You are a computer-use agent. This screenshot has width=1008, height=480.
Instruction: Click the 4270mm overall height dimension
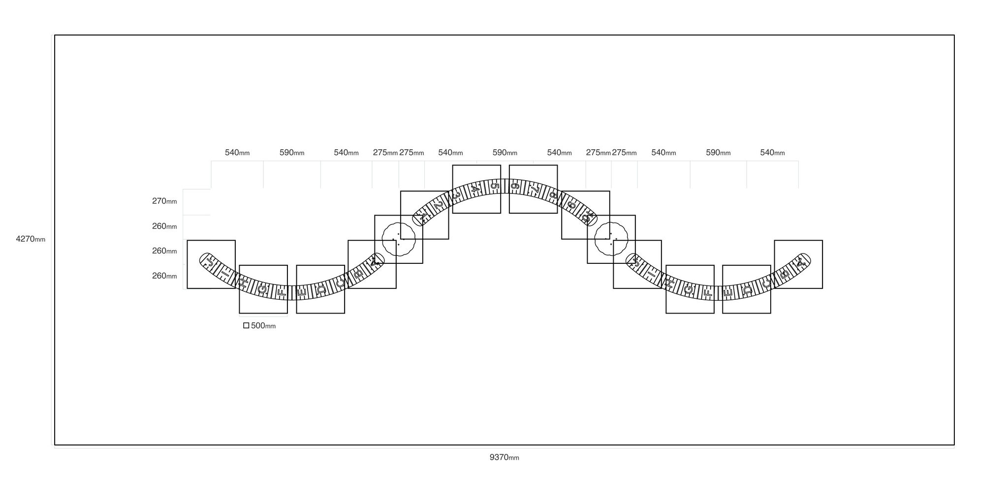pos(31,239)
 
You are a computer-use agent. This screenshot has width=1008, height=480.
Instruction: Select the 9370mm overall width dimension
pos(504,457)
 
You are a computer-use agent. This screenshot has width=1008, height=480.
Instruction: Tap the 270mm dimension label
pos(164,201)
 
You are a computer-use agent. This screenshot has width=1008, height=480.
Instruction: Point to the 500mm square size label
pos(263,326)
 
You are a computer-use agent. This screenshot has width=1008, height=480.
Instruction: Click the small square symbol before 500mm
pos(246,325)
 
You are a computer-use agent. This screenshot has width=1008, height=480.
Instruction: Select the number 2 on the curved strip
pos(438,204)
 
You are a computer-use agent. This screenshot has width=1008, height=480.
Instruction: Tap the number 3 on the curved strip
pos(456,195)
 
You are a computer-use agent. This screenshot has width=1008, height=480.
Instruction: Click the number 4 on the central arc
pos(474,189)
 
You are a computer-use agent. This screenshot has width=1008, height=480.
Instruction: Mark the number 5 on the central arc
pos(495,186)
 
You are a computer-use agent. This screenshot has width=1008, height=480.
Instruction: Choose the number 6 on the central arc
pos(515,186)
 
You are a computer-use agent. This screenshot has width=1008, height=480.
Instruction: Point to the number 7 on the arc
pos(535,189)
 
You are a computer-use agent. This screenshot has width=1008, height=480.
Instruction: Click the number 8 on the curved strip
pos(554,195)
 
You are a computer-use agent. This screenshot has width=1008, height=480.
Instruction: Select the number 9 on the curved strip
pos(571,204)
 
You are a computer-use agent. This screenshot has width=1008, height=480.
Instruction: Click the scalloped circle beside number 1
pos(399,223)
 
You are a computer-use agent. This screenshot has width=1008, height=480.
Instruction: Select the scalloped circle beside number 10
pos(611,223)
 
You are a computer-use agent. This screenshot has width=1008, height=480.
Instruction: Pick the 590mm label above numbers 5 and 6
pos(505,153)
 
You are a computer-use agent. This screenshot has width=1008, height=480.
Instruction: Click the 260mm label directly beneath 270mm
pos(164,226)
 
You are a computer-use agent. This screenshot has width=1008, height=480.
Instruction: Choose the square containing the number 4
pos(476,165)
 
